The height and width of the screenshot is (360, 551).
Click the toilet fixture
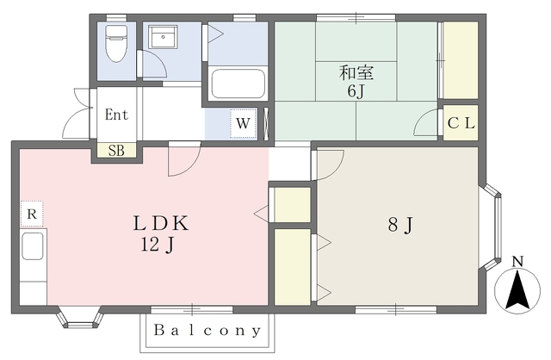tap(116, 43)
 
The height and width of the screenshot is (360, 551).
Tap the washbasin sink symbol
tap(163, 36)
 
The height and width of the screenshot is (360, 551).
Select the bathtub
tap(238, 84)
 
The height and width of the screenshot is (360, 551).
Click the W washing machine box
tap(243, 123)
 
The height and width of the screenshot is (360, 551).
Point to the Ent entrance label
tap(117, 115)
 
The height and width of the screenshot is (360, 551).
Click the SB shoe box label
tap(116, 151)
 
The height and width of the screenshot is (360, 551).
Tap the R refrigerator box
tap(32, 214)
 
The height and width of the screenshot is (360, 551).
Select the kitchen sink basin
tap(33, 246)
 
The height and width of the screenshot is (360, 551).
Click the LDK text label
tap(161, 223)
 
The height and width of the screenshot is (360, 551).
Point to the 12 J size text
tap(158, 244)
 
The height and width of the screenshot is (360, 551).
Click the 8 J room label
tap(400, 225)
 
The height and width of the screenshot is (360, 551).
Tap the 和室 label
tap(356, 72)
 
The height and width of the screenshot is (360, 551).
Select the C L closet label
tap(461, 123)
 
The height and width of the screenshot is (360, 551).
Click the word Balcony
tap(207, 331)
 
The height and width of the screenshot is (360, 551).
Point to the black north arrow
tap(517, 290)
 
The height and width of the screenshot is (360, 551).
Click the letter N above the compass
tap(517, 262)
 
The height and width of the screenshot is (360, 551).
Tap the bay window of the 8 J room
tap(492, 227)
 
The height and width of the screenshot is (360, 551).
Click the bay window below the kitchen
tap(80, 318)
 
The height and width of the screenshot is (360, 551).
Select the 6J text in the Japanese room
tap(356, 91)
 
